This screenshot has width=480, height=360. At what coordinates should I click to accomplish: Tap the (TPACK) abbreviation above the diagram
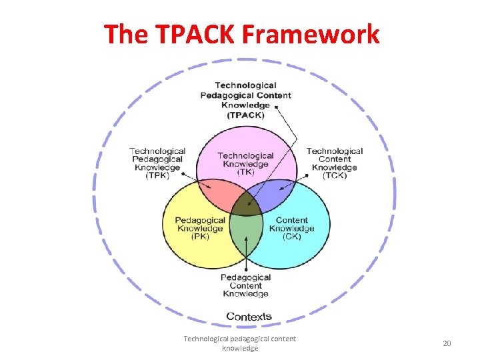[x=246, y=115]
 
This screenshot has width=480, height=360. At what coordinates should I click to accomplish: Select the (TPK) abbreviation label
[x=157, y=176]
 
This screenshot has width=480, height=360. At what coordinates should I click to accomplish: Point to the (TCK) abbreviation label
[x=334, y=176]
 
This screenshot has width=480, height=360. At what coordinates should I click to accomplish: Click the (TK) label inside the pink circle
[x=246, y=173]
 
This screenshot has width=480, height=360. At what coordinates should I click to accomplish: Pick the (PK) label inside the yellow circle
[x=200, y=237]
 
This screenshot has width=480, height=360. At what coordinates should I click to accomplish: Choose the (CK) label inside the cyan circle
[x=292, y=237]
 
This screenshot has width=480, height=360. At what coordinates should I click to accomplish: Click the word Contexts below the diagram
[x=249, y=316]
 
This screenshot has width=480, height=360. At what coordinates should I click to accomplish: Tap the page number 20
[x=447, y=343]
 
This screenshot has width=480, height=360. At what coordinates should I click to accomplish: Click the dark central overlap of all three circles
[x=246, y=204]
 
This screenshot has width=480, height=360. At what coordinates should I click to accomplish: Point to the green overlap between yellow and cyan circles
[x=246, y=231]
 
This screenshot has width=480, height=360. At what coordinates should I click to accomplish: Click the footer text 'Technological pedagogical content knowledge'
[x=240, y=343]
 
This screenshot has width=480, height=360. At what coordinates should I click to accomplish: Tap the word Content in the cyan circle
[x=292, y=221]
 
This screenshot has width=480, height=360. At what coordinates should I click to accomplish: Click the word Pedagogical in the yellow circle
[x=200, y=221]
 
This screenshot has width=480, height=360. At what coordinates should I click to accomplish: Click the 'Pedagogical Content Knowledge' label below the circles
[x=245, y=285]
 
